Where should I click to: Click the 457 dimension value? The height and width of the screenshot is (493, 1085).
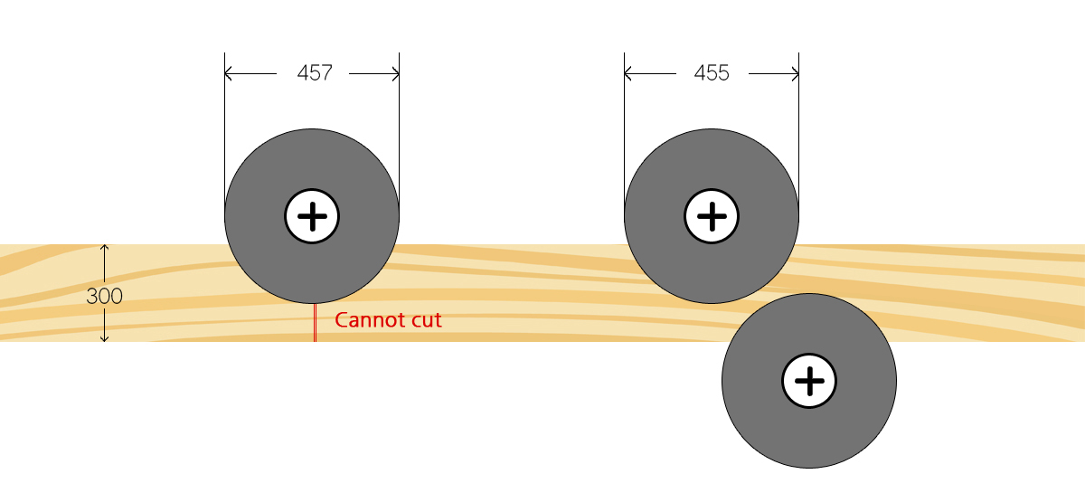[315, 73]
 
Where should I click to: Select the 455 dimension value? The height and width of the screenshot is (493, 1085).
[712, 73]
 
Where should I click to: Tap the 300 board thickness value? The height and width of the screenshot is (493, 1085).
[104, 296]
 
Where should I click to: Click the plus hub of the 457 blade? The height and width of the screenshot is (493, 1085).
[312, 216]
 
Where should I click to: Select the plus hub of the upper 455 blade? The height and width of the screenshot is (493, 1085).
[712, 216]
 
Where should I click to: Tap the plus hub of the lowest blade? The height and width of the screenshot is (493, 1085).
[809, 381]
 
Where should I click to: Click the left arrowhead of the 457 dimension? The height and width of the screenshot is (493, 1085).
[229, 73]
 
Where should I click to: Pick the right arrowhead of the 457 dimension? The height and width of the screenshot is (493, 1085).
[394, 73]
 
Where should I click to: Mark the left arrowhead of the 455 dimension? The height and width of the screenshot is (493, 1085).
[628, 73]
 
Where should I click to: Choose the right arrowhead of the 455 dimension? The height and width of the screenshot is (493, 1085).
[794, 73]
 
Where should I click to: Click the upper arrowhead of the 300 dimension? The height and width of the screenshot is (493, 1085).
[105, 248]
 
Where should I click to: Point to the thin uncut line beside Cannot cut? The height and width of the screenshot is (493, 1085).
[314, 322]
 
